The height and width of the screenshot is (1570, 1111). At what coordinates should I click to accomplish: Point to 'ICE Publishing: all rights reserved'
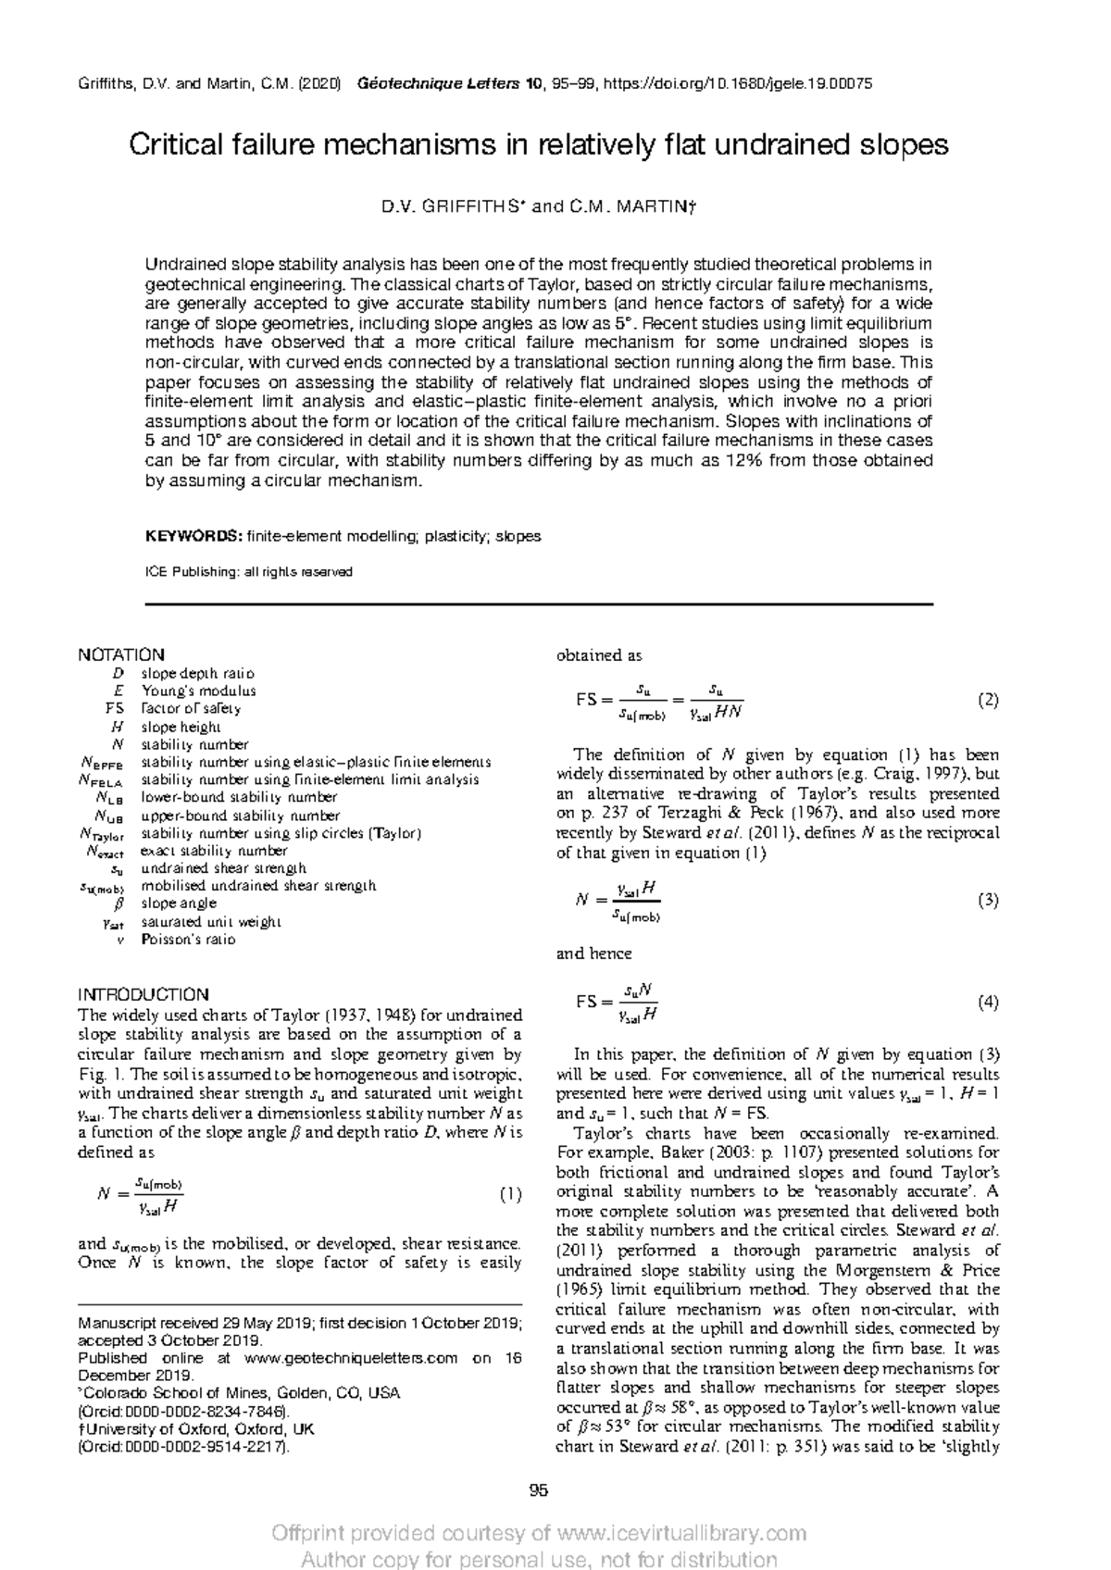(x=249, y=572)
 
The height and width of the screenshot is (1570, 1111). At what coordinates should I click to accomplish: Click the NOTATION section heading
(x=121, y=654)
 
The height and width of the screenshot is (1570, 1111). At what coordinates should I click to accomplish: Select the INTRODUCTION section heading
(x=144, y=994)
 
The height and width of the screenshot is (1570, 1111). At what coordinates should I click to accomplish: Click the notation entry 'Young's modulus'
(x=198, y=691)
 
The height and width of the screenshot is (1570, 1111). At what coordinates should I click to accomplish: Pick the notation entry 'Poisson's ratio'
(x=188, y=939)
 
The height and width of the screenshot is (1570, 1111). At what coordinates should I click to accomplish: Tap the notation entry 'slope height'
(x=181, y=727)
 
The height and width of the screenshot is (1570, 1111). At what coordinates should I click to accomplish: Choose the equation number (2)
(x=988, y=701)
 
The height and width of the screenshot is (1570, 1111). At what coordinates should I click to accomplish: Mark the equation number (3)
(x=988, y=900)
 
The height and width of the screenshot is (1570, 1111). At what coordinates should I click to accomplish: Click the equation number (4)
(x=988, y=1003)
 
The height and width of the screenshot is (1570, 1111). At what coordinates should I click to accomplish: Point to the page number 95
(x=539, y=1490)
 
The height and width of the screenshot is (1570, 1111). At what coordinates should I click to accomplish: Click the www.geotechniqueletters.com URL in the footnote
(x=351, y=1358)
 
